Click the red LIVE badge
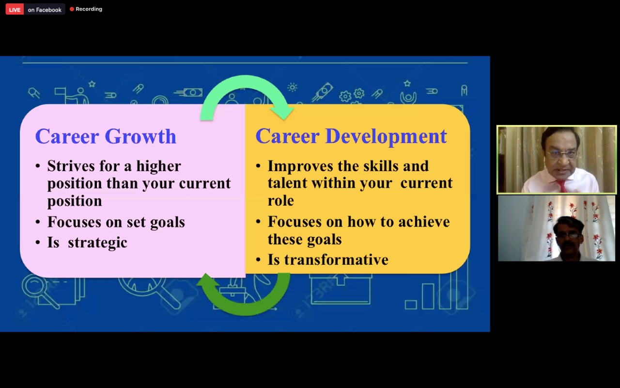[15, 9]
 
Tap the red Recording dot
[72, 9]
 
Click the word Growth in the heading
[140, 137]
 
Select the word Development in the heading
[386, 137]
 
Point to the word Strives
[71, 166]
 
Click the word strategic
[97, 243]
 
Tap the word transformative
[336, 259]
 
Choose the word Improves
[300, 166]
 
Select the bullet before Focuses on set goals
[38, 222]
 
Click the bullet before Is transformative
[258, 260]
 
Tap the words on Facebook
[45, 10]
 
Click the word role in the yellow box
[280, 201]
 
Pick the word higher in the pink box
[158, 166]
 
